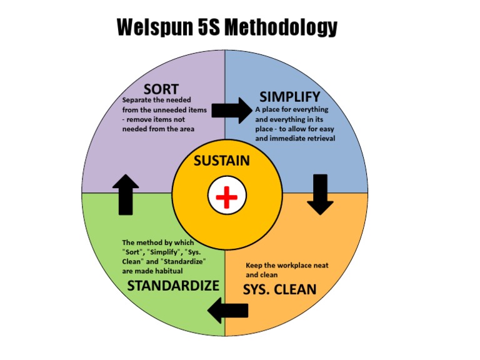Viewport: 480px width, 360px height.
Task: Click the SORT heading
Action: tap(161, 89)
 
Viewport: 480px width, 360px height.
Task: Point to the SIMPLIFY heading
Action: tap(289, 97)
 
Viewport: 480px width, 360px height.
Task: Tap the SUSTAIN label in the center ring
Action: tap(221, 161)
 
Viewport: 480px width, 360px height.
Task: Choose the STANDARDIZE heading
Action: tap(173, 286)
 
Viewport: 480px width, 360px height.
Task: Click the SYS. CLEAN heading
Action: tap(279, 290)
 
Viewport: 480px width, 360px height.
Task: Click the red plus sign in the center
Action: tap(226, 197)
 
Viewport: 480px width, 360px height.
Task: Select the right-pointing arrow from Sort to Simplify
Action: tap(229, 110)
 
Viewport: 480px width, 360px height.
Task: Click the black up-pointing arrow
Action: tap(126, 194)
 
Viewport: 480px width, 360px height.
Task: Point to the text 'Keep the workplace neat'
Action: tap(287, 265)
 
